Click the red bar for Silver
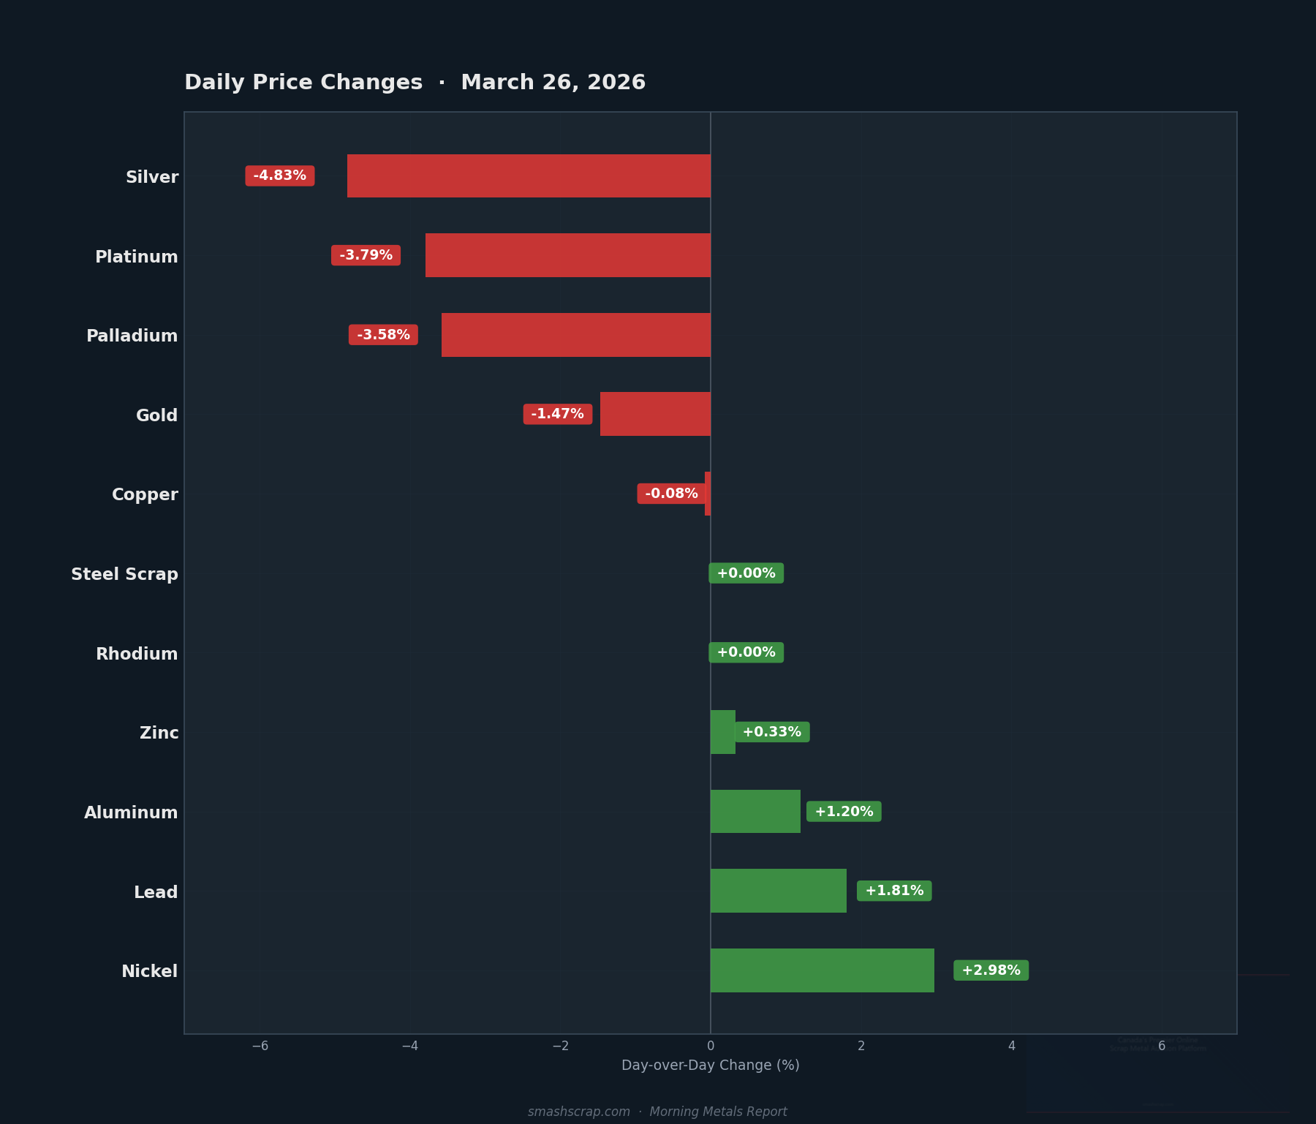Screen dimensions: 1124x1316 click(x=529, y=176)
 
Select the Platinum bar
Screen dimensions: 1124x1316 click(x=568, y=255)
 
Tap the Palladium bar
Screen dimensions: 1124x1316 click(x=576, y=335)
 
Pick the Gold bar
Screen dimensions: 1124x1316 click(x=655, y=414)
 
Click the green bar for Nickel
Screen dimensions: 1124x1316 click(x=822, y=970)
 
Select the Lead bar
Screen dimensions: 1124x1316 click(x=778, y=891)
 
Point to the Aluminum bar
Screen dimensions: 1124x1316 click(x=755, y=812)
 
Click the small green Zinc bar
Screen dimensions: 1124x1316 click(x=722, y=732)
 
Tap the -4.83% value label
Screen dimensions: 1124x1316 click(x=280, y=176)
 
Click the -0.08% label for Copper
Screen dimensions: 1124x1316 click(x=671, y=494)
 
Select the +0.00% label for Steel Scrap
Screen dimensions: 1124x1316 click(x=746, y=573)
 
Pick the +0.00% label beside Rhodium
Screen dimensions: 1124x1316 click(x=746, y=652)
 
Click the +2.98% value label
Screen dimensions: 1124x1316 click(x=991, y=970)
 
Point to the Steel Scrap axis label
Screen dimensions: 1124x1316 click(x=124, y=574)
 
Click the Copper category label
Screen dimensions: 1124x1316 click(x=145, y=494)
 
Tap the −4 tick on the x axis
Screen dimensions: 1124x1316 click(x=409, y=1046)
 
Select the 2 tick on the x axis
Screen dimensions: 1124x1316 click(x=861, y=1046)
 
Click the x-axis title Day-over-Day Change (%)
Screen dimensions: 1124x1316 click(x=710, y=1065)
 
